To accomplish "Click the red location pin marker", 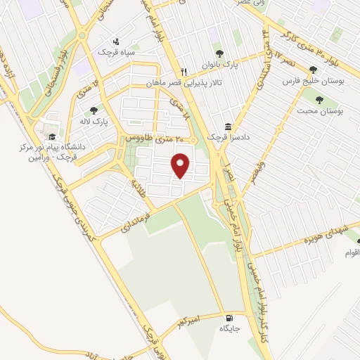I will pyautogui.click(x=182, y=165).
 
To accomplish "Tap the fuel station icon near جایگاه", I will pyautogui.click(x=228, y=317).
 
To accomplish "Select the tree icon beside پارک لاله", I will pyautogui.click(x=93, y=109).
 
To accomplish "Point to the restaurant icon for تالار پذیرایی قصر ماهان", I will pyautogui.click(x=184, y=71).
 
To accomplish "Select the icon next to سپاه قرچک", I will pyautogui.click(x=116, y=40).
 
